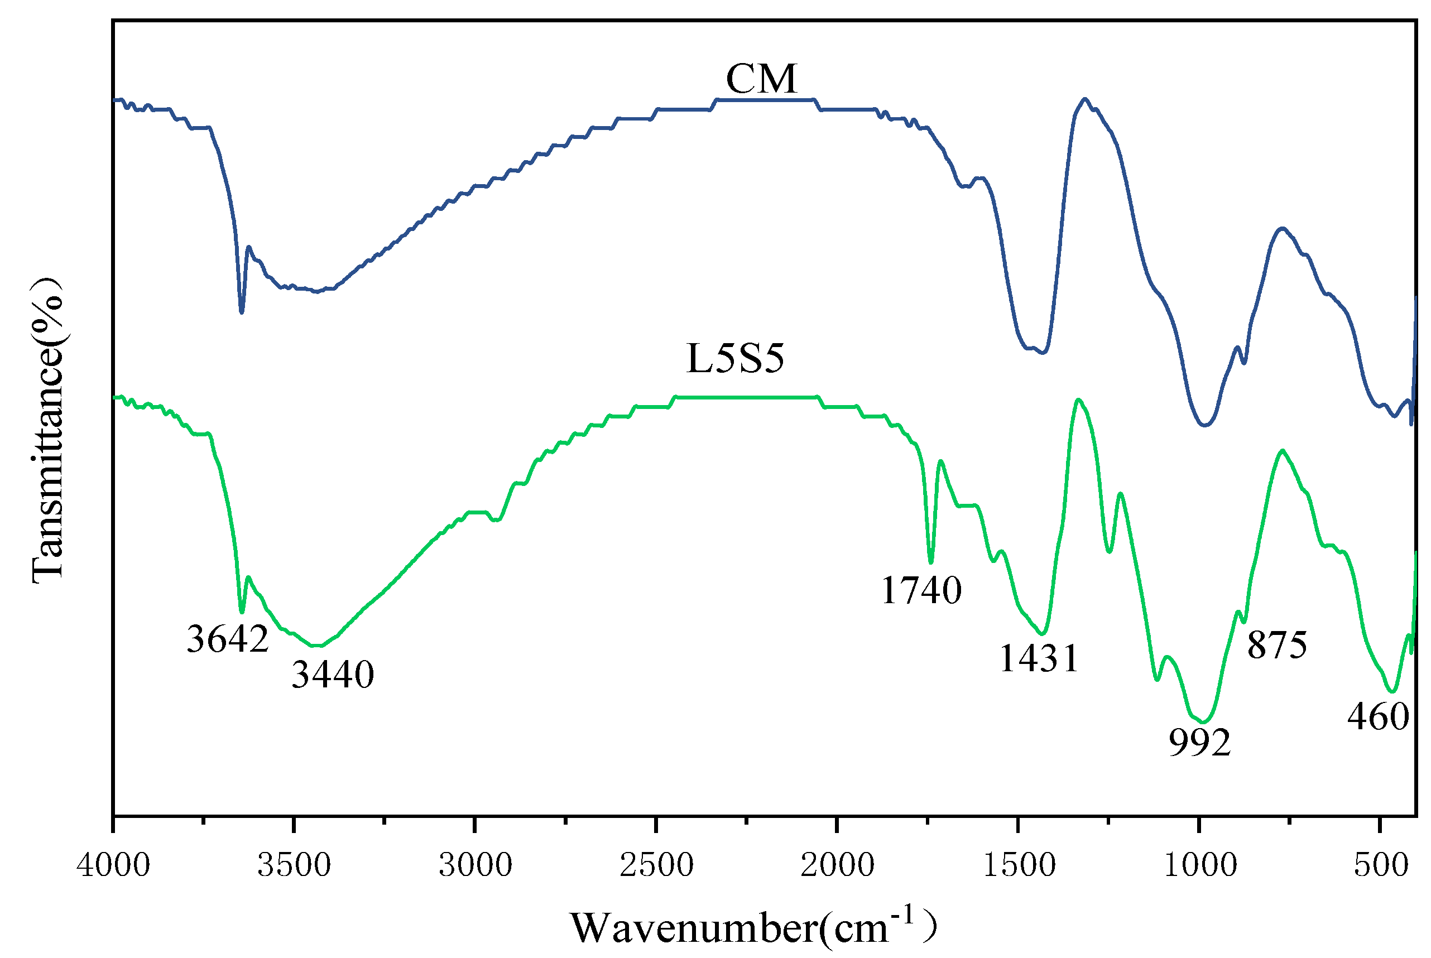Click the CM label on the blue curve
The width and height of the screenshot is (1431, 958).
[761, 79]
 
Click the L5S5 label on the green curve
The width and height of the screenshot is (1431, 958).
[735, 359]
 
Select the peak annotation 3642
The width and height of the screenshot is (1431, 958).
[227, 639]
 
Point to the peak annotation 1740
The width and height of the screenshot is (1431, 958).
[921, 591]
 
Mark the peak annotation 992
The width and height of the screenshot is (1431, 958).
[1199, 743]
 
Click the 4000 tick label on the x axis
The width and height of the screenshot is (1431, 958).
[113, 865]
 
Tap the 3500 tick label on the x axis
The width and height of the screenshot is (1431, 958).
[294, 865]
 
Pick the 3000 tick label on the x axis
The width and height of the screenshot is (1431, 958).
[476, 865]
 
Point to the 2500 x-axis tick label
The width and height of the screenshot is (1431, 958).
[656, 865]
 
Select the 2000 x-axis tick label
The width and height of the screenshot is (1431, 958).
[837, 865]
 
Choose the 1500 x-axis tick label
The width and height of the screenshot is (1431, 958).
[1019, 865]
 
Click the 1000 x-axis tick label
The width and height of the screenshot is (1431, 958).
[1200, 865]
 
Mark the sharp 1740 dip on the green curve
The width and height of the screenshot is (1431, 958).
[930, 561]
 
